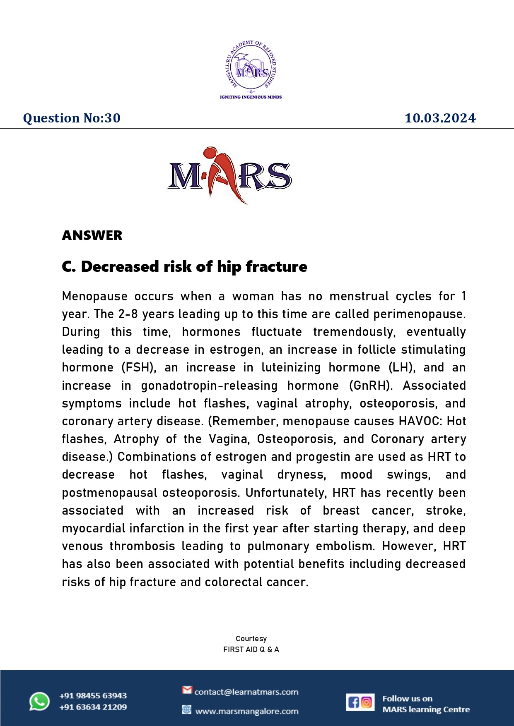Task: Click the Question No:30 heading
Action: pyautogui.click(x=72, y=118)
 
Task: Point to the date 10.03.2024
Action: pyautogui.click(x=440, y=118)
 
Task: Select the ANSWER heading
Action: pyautogui.click(x=92, y=235)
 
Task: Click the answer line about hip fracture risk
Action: pyautogui.click(x=184, y=267)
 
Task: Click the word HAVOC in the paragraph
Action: pyautogui.click(x=417, y=421)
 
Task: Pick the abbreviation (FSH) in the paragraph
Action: pyautogui.click(x=139, y=367)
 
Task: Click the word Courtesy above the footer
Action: pyautogui.click(x=251, y=639)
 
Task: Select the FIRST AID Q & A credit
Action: pyautogui.click(x=251, y=649)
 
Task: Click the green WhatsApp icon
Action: pyautogui.click(x=39, y=702)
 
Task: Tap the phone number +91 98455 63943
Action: pyautogui.click(x=93, y=696)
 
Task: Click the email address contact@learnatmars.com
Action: pyautogui.click(x=246, y=692)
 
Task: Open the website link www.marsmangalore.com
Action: pyautogui.click(x=246, y=711)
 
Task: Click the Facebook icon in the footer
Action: pyautogui.click(x=353, y=702)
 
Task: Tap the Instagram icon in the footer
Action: pyautogui.click(x=367, y=702)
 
